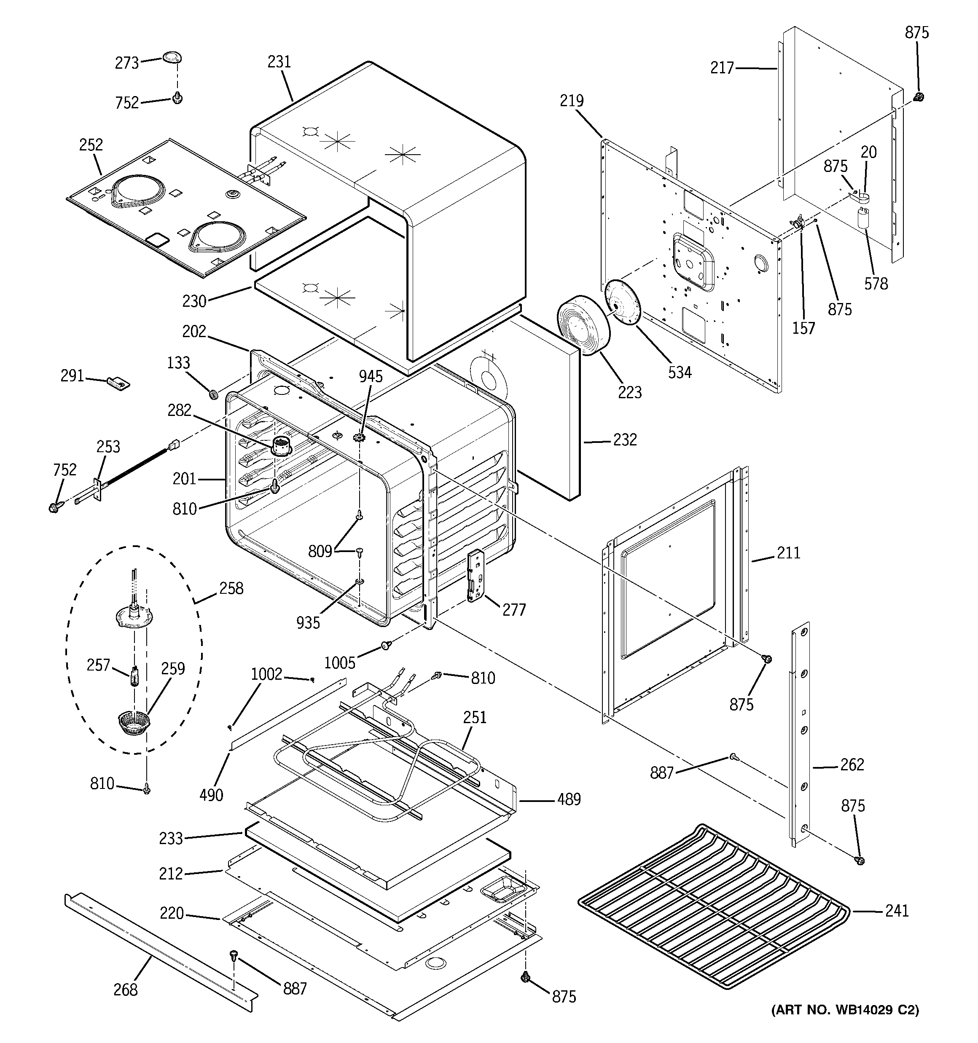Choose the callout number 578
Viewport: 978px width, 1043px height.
pos(876,284)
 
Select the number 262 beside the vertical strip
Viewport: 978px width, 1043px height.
pos(852,764)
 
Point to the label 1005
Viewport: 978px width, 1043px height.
pos(340,663)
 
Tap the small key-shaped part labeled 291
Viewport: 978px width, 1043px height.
pos(118,383)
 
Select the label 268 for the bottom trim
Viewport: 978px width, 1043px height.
pos(126,989)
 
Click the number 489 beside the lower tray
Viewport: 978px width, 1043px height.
pos(569,799)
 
